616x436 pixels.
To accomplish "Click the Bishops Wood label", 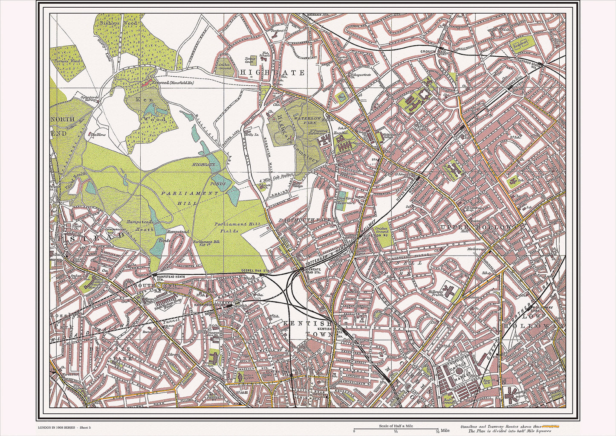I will tap(110, 24).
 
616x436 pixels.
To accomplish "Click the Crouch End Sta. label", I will tap(435, 52).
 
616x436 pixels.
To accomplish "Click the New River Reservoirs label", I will tap(347, 201).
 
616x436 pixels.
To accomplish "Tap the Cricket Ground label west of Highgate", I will tap(224, 66).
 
